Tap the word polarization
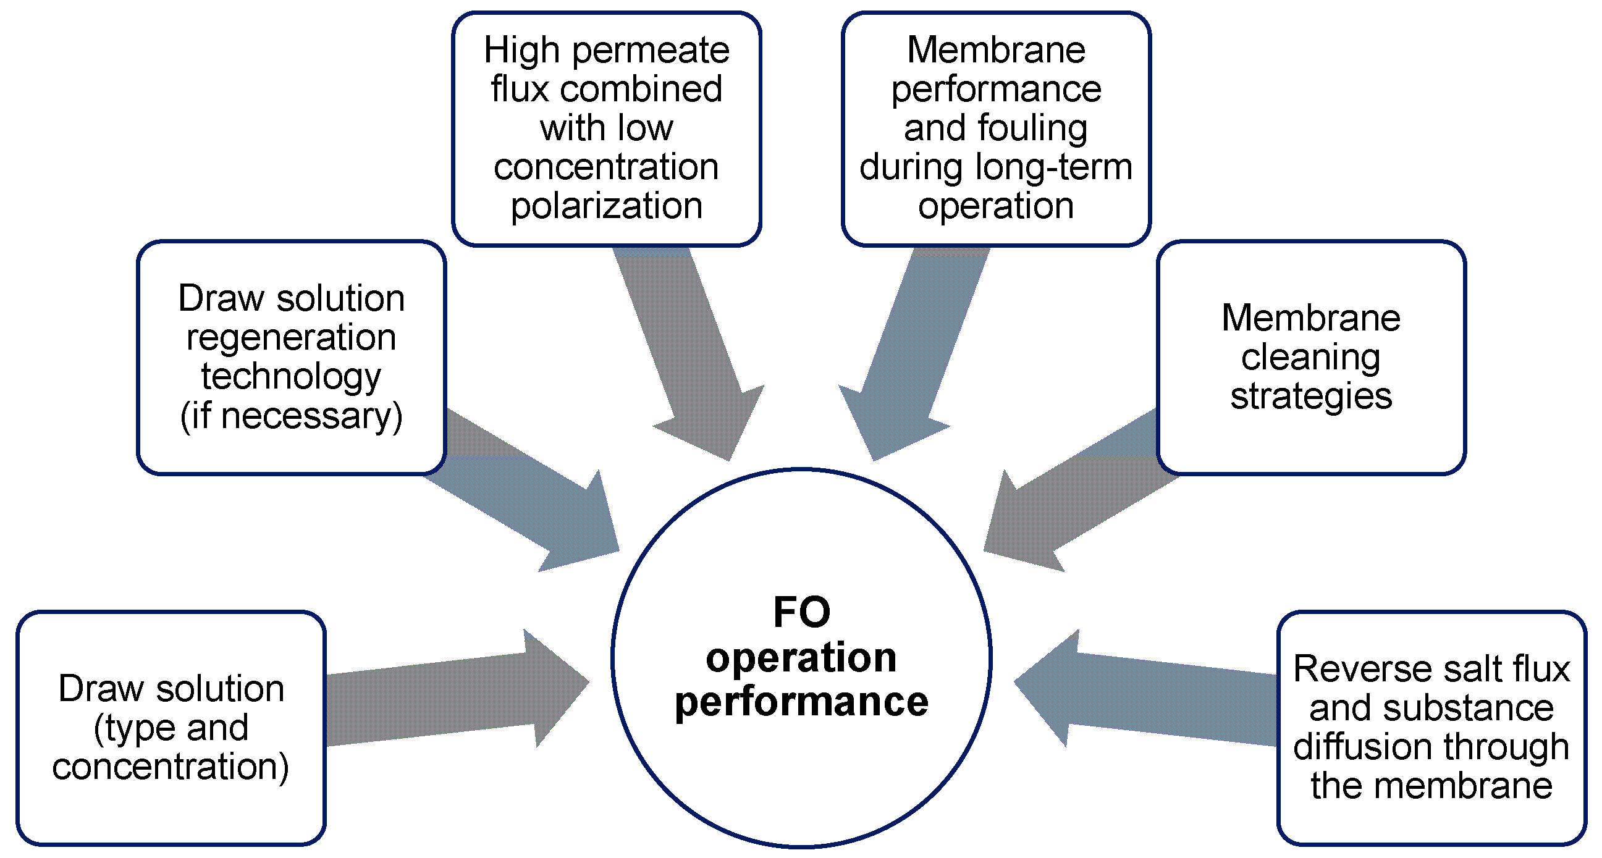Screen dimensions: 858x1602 [x=606, y=206]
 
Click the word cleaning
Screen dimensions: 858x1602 [x=1311, y=358]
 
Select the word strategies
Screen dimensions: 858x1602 [x=1311, y=397]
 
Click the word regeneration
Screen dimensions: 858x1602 [x=291, y=338]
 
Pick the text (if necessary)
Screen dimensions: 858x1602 [x=291, y=416]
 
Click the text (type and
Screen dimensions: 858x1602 [x=171, y=728]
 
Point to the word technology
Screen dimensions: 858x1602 [x=291, y=377]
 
